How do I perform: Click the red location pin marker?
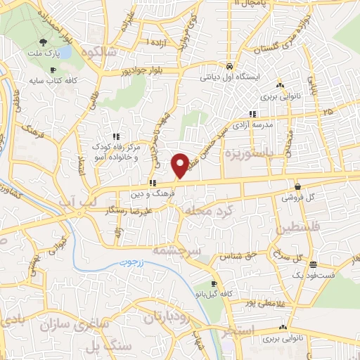click(x=181, y=165)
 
